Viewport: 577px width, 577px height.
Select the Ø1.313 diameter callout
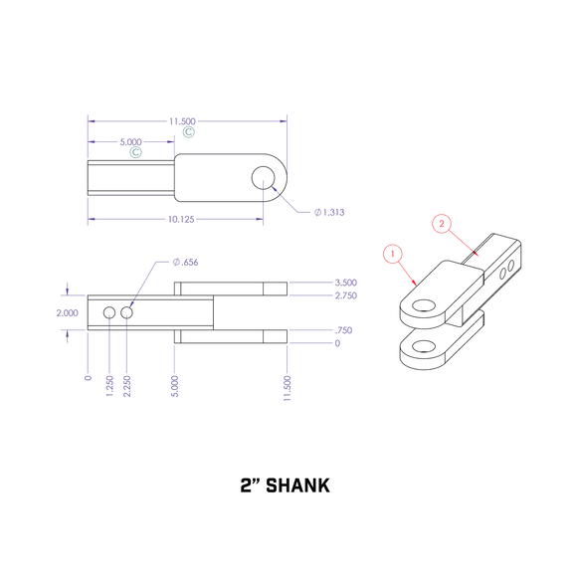tap(328, 213)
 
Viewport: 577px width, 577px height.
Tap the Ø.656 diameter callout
tap(185, 262)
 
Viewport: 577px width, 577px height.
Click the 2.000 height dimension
tap(66, 311)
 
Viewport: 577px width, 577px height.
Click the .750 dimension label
tap(343, 329)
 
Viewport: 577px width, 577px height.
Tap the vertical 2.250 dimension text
tap(127, 386)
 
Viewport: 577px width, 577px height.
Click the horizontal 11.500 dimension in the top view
tap(183, 121)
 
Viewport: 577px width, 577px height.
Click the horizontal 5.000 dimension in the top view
tap(130, 142)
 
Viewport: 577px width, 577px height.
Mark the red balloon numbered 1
tap(394, 255)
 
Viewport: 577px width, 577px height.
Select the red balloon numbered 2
tap(442, 224)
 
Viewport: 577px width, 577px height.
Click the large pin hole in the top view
tap(263, 178)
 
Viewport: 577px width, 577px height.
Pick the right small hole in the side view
tap(127, 313)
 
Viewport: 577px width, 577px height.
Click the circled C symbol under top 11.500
tap(187, 131)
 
